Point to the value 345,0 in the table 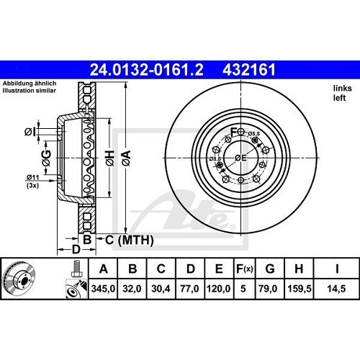click(x=104, y=290)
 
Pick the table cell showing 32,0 click(x=132, y=290)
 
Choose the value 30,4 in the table click(x=161, y=290)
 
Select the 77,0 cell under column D click(x=190, y=290)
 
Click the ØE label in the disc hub click(x=242, y=158)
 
